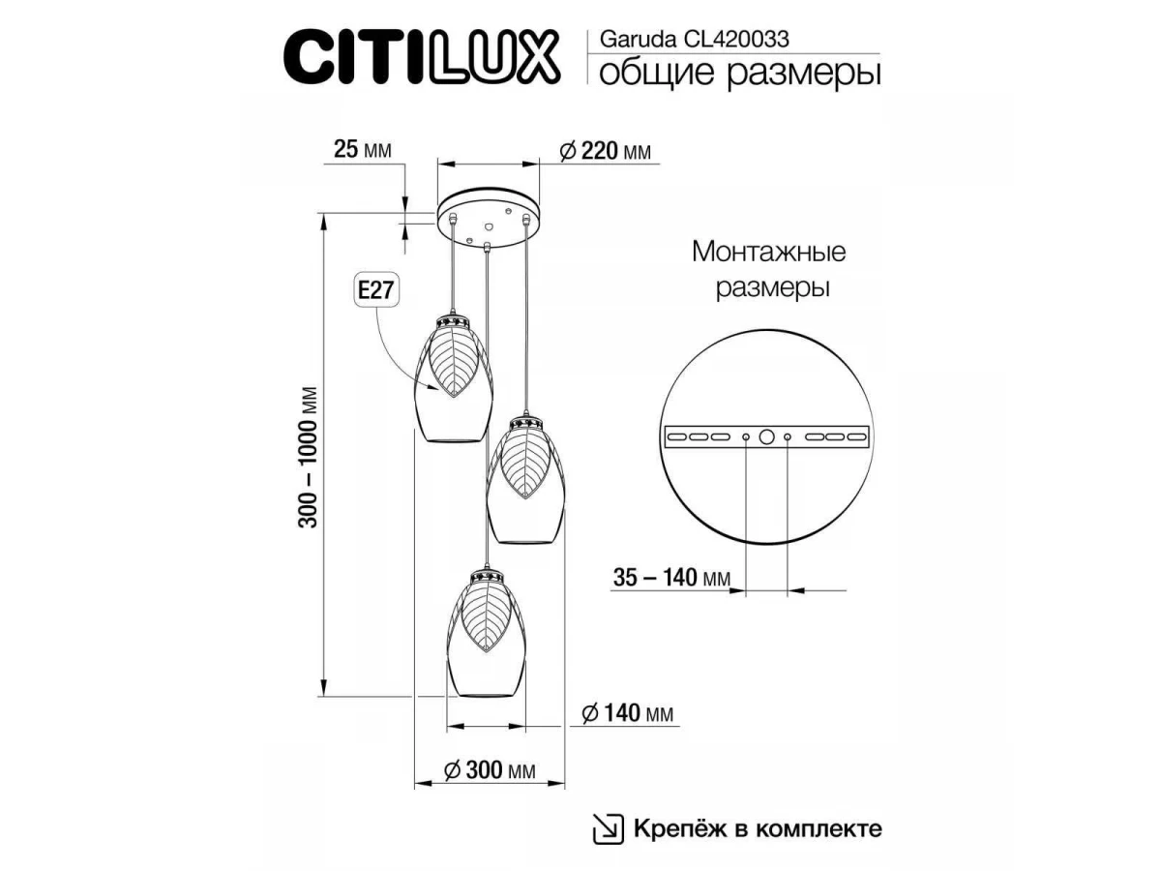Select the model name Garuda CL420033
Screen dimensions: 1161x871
click(694, 40)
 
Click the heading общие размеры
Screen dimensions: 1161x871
click(739, 74)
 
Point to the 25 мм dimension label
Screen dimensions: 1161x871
click(362, 150)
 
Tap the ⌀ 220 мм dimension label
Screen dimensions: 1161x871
click(605, 151)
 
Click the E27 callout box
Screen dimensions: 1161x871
click(375, 290)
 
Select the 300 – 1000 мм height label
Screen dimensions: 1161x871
click(308, 457)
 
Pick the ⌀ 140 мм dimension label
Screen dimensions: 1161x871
click(627, 713)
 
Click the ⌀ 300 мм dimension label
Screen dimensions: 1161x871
click(490, 769)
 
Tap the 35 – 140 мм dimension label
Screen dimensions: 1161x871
click(671, 578)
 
